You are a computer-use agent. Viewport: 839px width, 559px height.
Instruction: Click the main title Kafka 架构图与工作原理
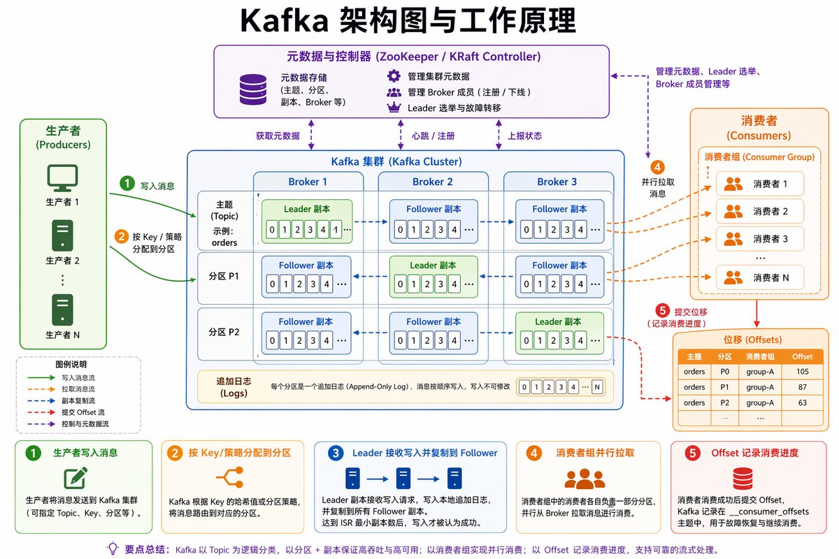click(408, 21)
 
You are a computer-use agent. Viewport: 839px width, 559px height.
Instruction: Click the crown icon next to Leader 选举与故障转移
click(394, 108)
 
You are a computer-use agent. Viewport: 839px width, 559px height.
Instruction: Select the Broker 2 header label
click(433, 182)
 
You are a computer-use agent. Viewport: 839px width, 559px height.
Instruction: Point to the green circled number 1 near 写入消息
click(127, 184)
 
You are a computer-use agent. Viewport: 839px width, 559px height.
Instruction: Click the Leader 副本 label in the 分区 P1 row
click(433, 266)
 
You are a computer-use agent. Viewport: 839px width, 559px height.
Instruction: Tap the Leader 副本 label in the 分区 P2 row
click(559, 321)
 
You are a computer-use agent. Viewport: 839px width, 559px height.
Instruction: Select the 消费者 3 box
click(760, 238)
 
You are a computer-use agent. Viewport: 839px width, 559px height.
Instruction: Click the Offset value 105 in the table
click(802, 372)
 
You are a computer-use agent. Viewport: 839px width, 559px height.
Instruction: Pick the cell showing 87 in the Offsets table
click(802, 387)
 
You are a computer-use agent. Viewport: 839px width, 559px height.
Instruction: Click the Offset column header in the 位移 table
click(802, 356)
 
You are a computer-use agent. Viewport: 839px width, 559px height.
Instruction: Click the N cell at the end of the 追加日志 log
click(596, 387)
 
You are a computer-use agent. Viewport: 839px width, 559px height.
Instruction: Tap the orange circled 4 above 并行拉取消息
click(657, 168)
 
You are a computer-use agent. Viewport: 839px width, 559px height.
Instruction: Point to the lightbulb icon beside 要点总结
click(112, 549)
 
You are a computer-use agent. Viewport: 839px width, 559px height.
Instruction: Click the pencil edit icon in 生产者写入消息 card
click(75, 477)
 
